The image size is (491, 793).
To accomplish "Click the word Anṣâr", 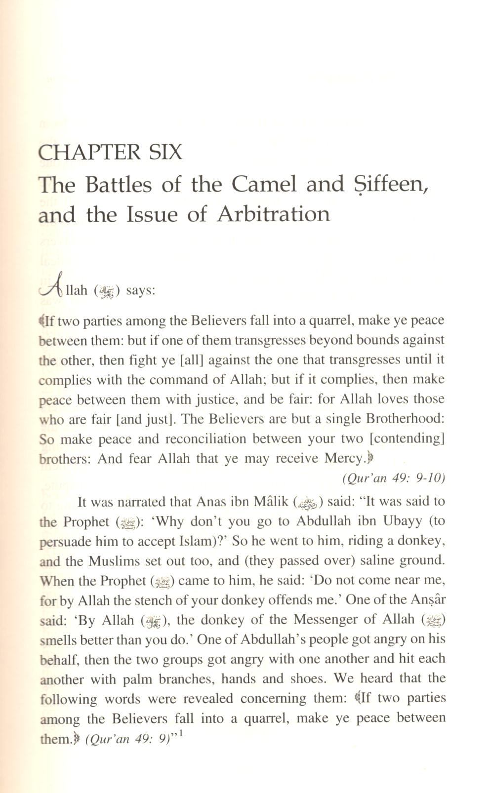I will [x=430, y=600].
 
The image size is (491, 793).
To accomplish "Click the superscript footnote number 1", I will [x=182, y=735].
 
